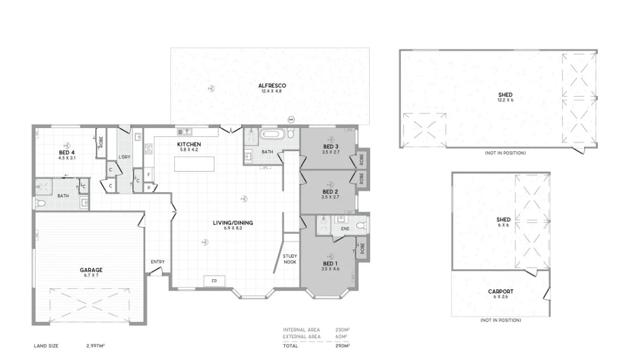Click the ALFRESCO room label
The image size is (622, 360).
[x=272, y=86]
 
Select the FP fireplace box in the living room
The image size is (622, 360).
[x=214, y=281]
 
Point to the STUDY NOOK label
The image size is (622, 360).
[x=290, y=259]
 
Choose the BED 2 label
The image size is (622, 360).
[x=330, y=192]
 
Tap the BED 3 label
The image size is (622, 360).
[x=330, y=147]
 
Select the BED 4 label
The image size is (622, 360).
[x=67, y=153]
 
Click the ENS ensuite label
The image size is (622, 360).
[x=345, y=229]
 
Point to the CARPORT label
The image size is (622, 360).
[x=500, y=292]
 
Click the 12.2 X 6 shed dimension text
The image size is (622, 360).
[x=505, y=100]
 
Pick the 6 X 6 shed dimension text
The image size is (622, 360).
[x=503, y=225]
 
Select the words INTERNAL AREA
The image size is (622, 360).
[x=301, y=329]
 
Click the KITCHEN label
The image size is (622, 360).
[x=189, y=144]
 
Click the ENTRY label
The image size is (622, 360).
[x=158, y=262]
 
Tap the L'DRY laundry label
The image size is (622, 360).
[x=124, y=157]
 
